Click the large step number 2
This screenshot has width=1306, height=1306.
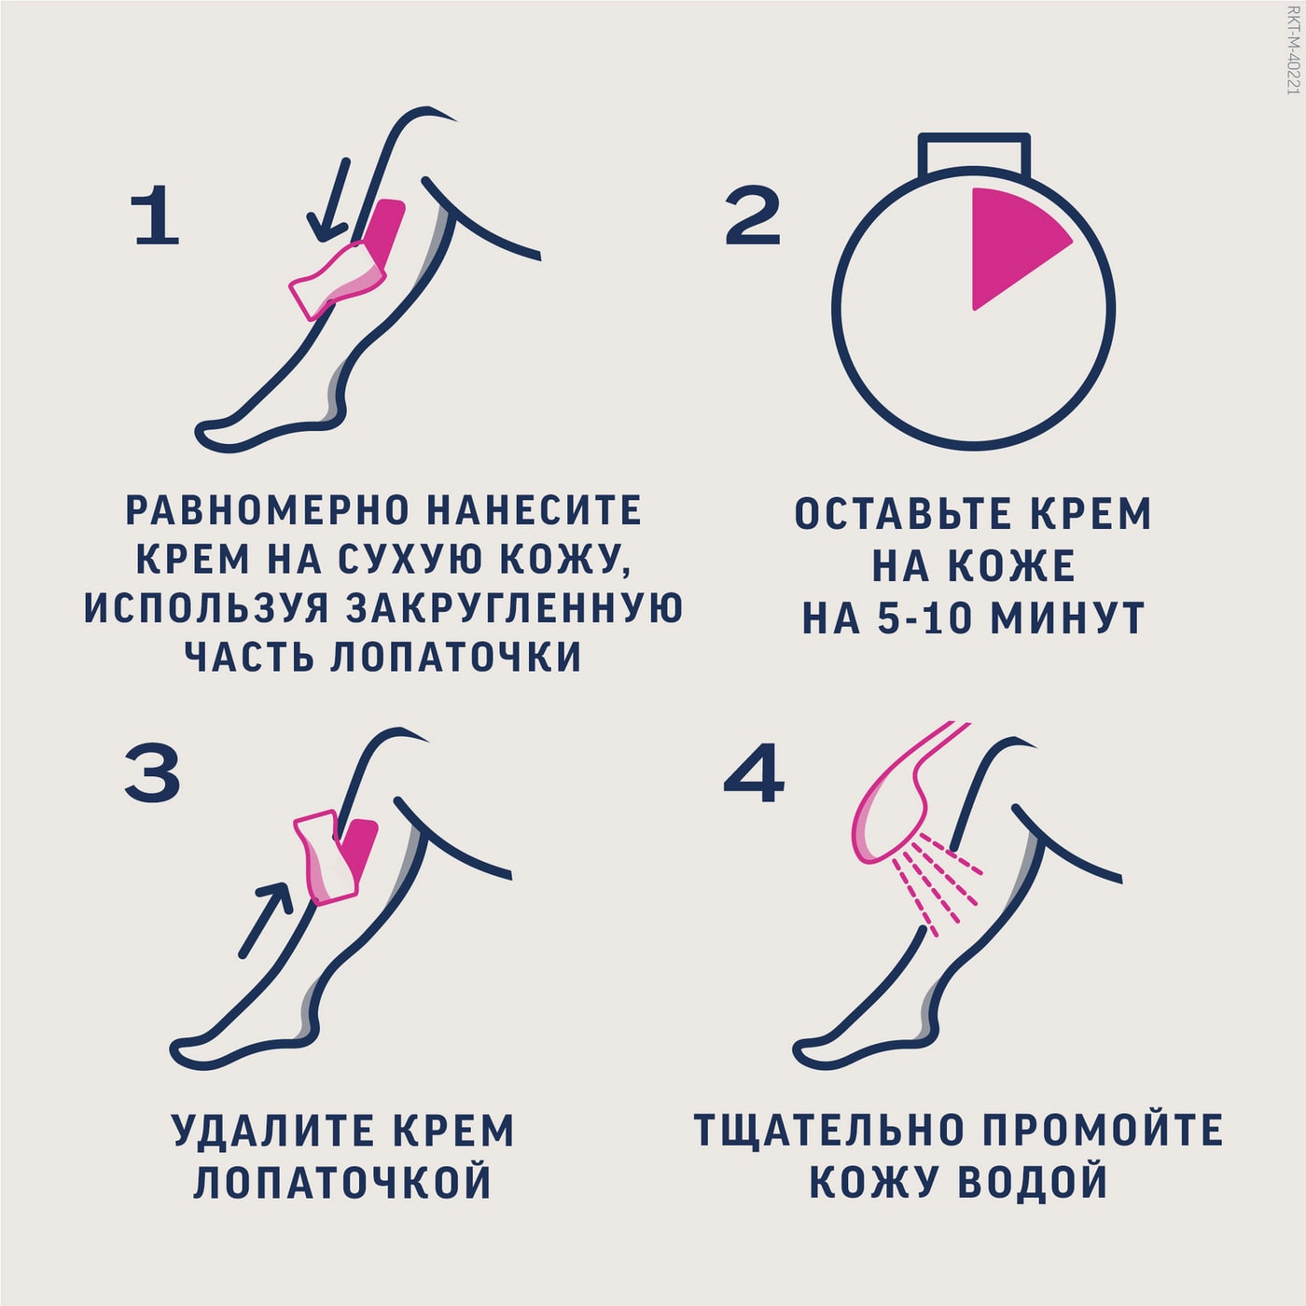(752, 215)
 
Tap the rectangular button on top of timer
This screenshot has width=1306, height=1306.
(974, 155)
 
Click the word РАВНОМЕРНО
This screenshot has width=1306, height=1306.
(268, 510)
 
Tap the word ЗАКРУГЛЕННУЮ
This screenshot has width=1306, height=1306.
(514, 607)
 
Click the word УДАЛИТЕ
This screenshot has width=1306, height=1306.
(273, 1131)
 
